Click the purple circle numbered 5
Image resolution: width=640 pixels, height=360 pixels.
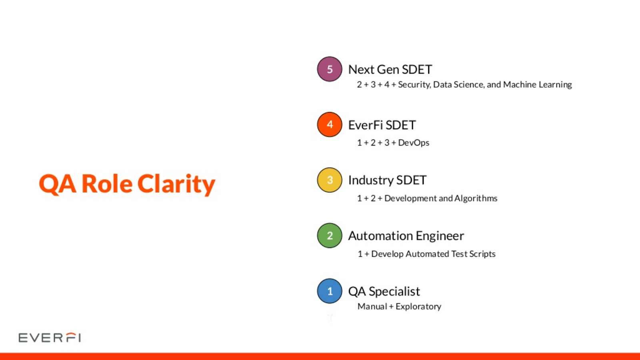pos(330,69)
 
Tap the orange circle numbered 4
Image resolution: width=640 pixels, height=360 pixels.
pos(330,124)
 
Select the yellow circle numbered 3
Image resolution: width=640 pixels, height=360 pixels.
pos(330,180)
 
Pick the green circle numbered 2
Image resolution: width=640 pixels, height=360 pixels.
pos(330,236)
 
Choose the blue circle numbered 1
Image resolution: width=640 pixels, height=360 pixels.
pos(330,291)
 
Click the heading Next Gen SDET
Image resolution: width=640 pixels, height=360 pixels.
pos(390,70)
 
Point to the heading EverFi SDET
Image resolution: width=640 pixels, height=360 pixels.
pos(382,125)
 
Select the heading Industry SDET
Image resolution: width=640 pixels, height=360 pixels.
pos(387,180)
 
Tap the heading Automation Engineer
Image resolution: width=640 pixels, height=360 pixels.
pos(406,236)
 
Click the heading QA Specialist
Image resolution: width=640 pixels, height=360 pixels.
pos(384,292)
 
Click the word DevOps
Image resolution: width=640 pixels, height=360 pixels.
pos(414,142)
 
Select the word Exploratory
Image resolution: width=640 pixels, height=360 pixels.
pos(418,306)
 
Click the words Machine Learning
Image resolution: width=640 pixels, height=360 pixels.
pos(538,84)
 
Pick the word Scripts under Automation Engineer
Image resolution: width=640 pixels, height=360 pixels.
pos(482,254)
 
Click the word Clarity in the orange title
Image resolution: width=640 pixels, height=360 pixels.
pos(176,184)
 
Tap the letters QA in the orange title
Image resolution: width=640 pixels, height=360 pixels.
pos(58,184)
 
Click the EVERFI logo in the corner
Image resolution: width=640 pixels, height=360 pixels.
pos(50,338)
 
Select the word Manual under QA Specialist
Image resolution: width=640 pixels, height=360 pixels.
pos(372,306)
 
